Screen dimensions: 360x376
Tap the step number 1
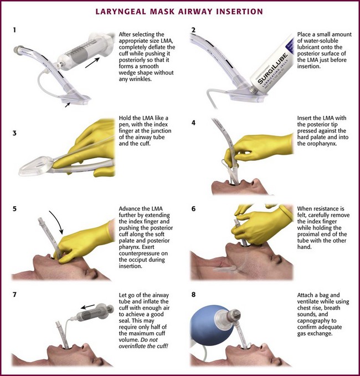15,30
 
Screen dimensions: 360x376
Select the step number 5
14,209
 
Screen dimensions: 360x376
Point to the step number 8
193,294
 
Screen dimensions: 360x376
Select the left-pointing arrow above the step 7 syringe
88,307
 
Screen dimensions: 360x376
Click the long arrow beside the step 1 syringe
92,63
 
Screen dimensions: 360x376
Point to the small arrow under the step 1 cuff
68,105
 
